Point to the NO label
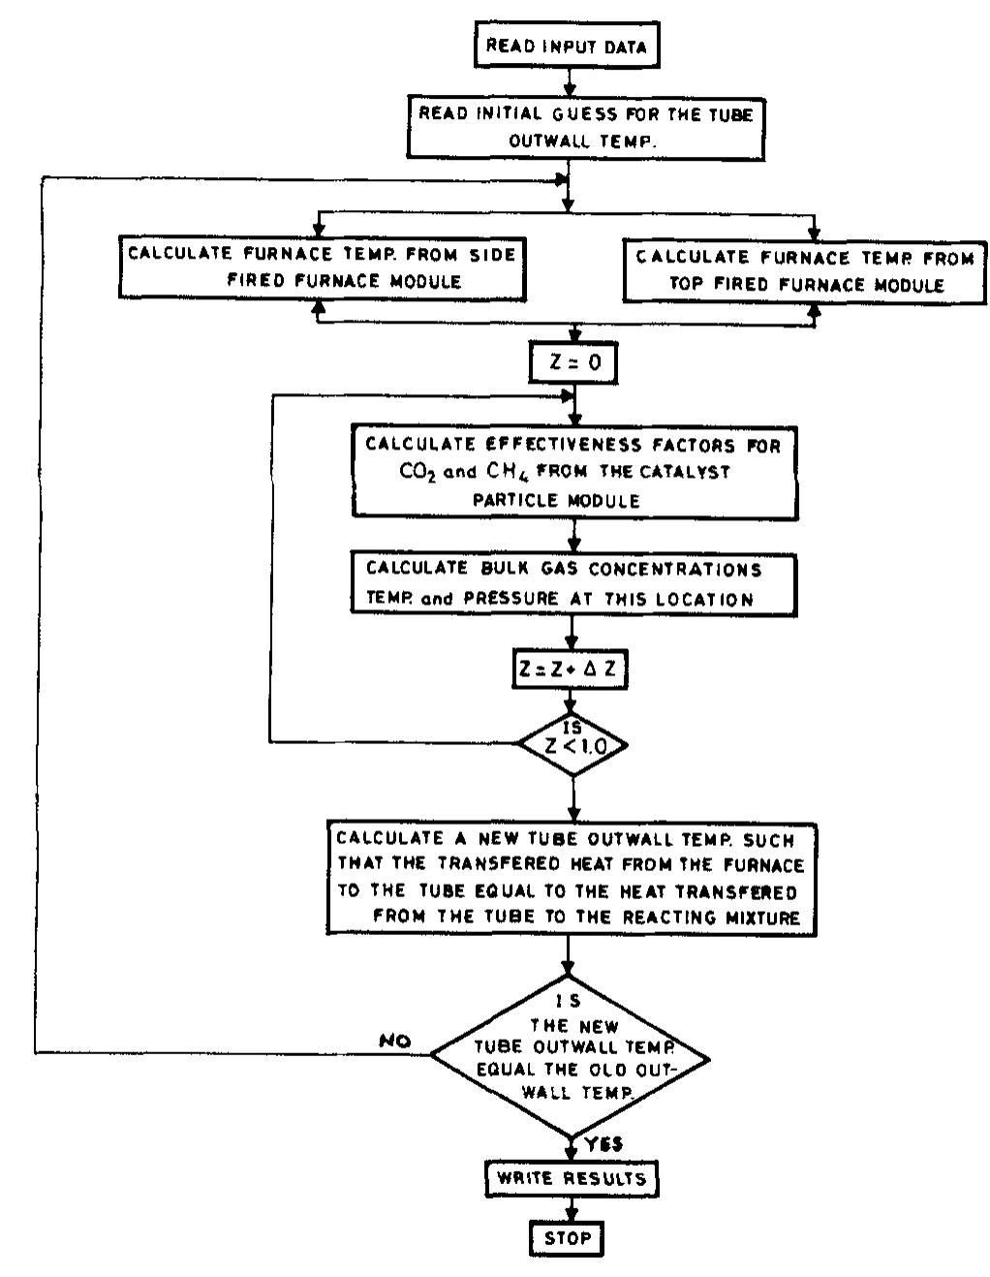pos(396,1042)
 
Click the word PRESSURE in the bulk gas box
pos(514,600)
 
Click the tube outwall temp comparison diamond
pos(570,1054)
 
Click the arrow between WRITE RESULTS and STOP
pos(571,1208)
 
